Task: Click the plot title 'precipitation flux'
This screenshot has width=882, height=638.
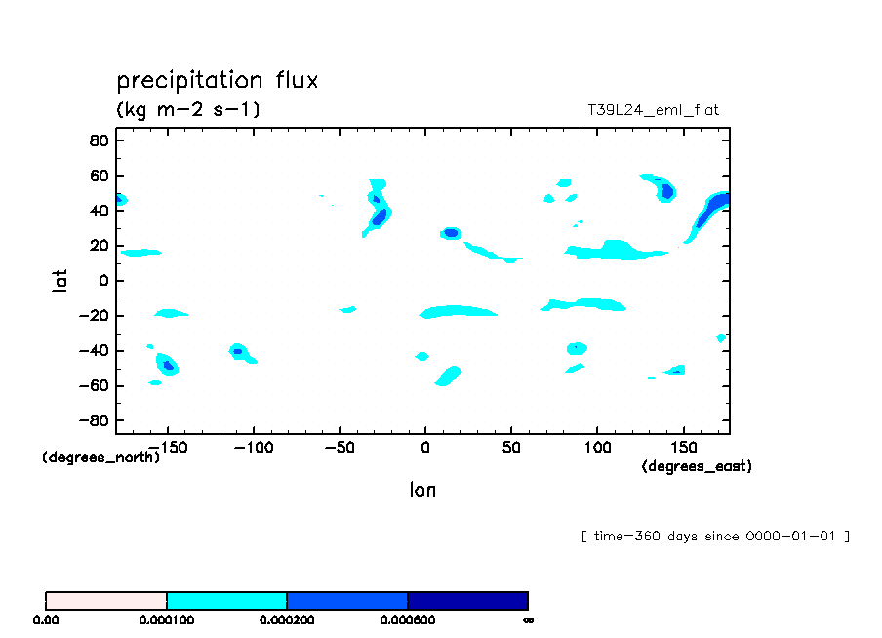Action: tap(218, 80)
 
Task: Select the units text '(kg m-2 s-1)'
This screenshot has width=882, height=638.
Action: tap(188, 110)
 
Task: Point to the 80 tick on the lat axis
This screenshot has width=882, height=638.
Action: tap(98, 140)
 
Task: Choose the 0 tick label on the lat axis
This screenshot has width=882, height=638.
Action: tap(102, 281)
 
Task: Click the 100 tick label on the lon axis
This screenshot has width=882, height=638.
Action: tap(596, 447)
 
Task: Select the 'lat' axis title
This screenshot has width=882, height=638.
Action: tap(60, 281)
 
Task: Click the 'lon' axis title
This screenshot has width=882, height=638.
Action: tap(422, 490)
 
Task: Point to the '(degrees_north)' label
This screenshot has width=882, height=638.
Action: tap(101, 458)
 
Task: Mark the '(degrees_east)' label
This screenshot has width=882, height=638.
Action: tap(697, 467)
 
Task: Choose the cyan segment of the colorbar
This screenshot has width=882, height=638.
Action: tap(226, 601)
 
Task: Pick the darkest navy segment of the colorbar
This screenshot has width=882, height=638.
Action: tap(467, 601)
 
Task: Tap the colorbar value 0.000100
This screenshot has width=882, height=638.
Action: tap(167, 619)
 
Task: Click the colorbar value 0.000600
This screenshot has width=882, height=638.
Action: tap(407, 619)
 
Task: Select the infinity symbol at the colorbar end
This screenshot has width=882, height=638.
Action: tap(528, 619)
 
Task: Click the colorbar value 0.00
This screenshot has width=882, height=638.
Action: tap(46, 619)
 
